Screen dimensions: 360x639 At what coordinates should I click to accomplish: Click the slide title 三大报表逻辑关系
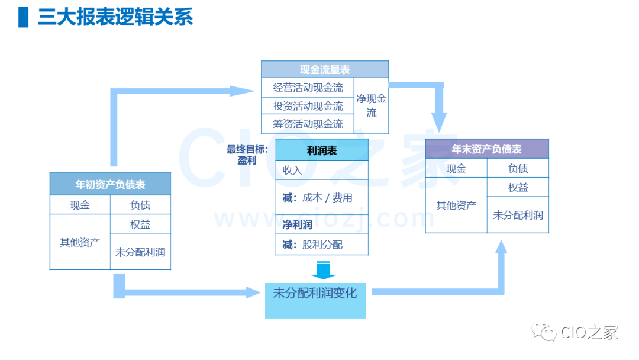point(115,17)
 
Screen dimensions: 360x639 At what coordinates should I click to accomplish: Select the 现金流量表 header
point(325,69)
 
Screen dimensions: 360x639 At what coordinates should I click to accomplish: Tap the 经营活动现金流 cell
point(308,88)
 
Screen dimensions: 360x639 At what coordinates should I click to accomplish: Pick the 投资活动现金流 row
point(308,106)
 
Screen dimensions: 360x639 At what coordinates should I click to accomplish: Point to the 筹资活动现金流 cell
point(308,124)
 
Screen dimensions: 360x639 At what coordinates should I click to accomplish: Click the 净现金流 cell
point(371,105)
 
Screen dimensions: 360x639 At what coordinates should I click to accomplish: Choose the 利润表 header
point(322,150)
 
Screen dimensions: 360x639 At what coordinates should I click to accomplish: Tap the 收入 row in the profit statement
point(322,171)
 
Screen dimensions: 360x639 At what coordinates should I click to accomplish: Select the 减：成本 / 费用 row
point(322,197)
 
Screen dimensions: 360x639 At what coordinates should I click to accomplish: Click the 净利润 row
point(322,224)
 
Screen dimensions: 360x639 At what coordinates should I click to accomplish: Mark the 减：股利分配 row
point(322,245)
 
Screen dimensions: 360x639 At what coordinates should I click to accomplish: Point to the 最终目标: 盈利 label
point(247,155)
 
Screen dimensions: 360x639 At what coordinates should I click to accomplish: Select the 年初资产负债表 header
point(110,184)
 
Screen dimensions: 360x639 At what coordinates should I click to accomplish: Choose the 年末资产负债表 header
point(487,149)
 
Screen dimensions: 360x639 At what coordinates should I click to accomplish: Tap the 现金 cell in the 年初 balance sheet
point(80,205)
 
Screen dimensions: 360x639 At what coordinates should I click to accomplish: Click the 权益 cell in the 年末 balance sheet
point(518,187)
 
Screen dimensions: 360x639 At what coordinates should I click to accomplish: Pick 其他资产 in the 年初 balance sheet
point(80,242)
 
